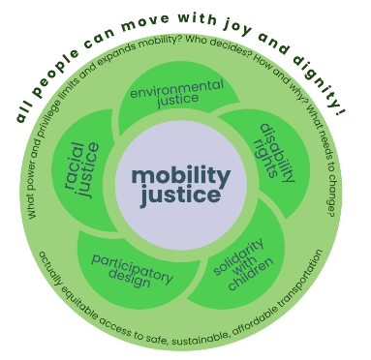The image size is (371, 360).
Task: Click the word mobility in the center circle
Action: click(181, 177)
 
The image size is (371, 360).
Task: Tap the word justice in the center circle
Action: click(180, 195)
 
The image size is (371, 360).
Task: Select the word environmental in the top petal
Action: click(176, 88)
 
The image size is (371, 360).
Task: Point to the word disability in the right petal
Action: click(278, 153)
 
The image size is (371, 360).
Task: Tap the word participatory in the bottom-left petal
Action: click(133, 269)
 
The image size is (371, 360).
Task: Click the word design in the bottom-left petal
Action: click(130, 279)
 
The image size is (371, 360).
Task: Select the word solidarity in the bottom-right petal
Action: click(238, 257)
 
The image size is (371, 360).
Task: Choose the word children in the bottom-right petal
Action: click(251, 274)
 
